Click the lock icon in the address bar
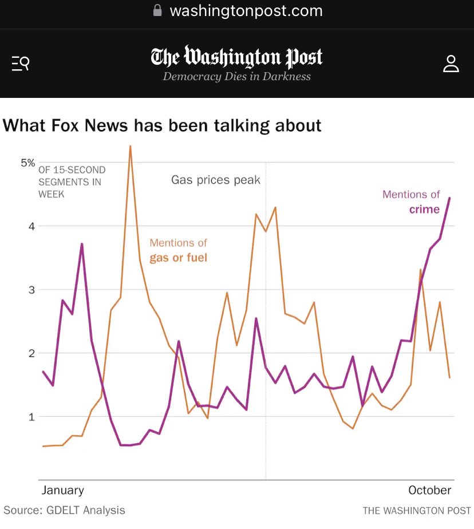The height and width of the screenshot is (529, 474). (158, 10)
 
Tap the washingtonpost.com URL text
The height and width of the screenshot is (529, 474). (246, 10)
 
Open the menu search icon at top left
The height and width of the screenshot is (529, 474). (21, 63)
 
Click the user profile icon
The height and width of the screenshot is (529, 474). (451, 64)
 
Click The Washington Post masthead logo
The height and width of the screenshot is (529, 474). (236, 57)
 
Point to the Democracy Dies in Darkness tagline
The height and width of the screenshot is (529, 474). (236, 77)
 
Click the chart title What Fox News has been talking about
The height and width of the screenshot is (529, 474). (162, 125)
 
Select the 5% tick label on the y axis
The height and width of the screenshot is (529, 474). (28, 163)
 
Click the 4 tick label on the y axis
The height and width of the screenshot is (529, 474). (31, 226)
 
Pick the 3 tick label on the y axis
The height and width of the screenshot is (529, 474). (31, 290)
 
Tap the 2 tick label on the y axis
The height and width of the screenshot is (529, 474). (31, 353)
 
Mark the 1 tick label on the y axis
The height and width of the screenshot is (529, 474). (31, 417)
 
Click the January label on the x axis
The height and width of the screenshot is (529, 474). (63, 490)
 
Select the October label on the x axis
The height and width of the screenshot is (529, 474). (429, 490)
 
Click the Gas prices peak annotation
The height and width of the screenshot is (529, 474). (216, 180)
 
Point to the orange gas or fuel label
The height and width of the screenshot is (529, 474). (178, 258)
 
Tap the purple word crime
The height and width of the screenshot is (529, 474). (424, 209)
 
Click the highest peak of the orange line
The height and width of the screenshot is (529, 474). (131, 147)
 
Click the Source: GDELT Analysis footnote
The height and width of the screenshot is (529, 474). (64, 510)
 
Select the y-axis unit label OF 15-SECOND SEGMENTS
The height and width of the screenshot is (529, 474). (72, 181)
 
